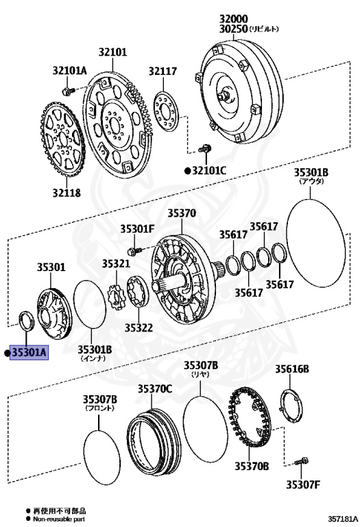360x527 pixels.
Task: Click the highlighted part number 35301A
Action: (x=29, y=353)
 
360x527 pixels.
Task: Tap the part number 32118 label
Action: (x=67, y=193)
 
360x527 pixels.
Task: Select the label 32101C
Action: (x=209, y=170)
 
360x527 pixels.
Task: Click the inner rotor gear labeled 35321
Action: (x=115, y=297)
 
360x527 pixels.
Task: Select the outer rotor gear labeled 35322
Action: (x=137, y=292)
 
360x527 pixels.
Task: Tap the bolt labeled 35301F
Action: (x=135, y=250)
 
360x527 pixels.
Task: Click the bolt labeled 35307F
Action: (x=301, y=462)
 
